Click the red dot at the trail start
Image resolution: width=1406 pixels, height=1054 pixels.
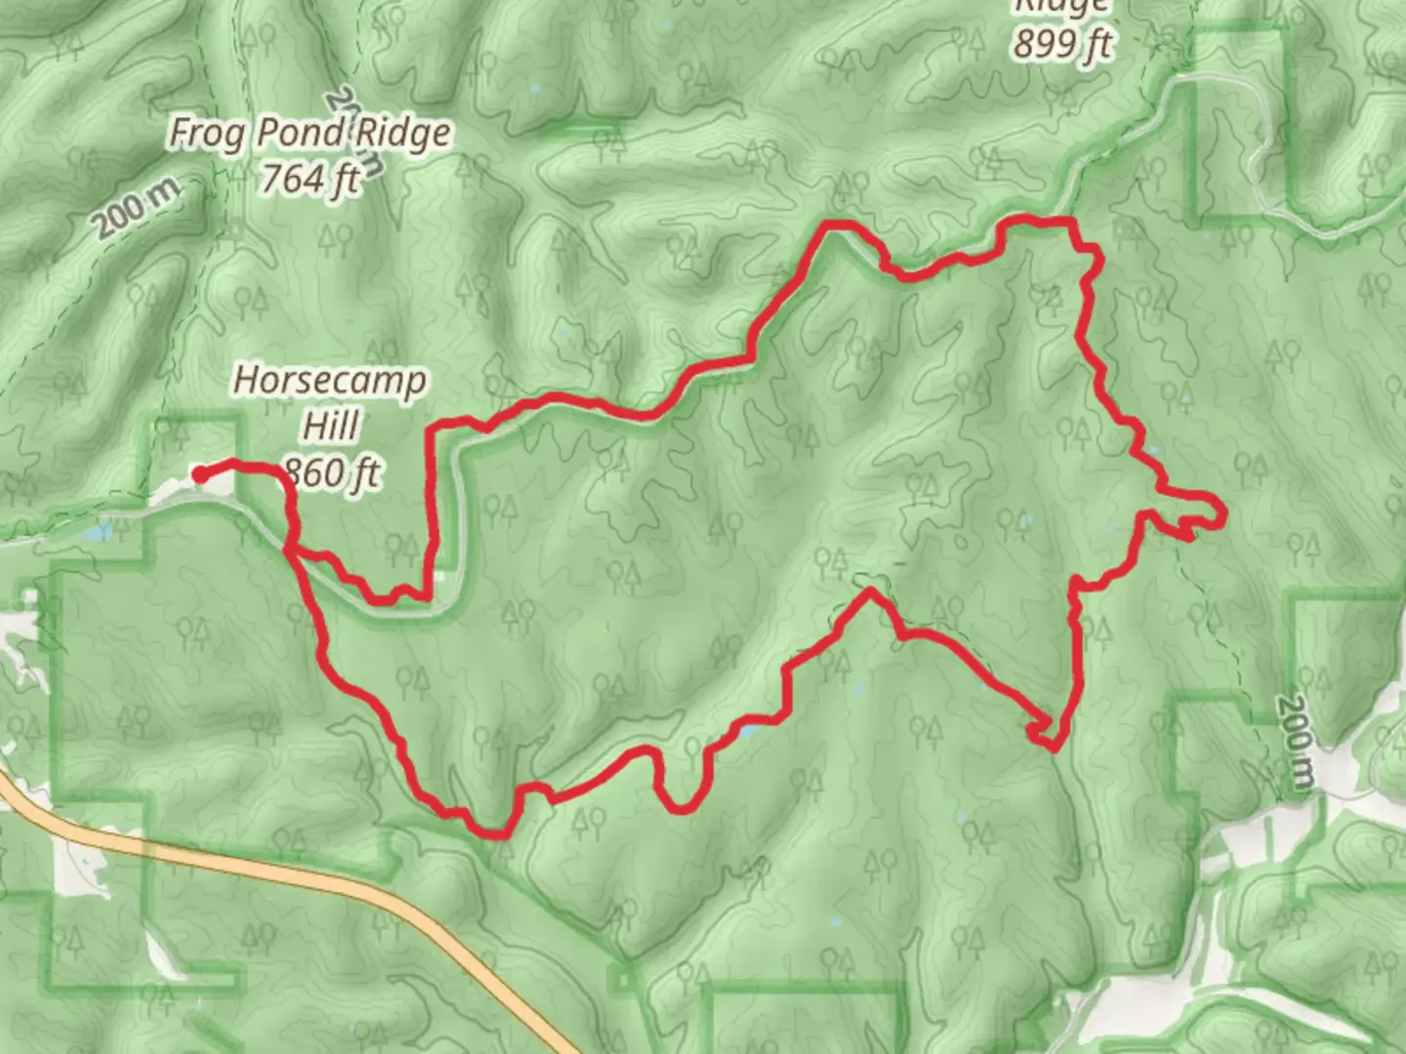point(199,475)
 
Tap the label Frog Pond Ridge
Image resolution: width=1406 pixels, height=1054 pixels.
point(310,134)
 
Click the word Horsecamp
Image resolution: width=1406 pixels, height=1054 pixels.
point(330,381)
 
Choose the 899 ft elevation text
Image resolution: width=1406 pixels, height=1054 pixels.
point(1062,44)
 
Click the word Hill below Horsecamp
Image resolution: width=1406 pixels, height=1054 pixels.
point(330,426)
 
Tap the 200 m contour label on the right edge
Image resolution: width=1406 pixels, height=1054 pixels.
point(1296,742)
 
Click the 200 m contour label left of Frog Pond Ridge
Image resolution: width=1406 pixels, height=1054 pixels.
point(138,209)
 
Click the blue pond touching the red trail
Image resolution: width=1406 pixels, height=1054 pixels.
point(749,730)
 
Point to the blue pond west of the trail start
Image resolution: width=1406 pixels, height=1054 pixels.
point(98,535)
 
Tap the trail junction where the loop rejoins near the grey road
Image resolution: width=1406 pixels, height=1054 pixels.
point(290,550)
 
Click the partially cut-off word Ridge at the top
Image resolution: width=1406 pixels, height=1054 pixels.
point(1060,8)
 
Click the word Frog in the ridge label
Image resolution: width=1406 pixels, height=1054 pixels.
point(205,134)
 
